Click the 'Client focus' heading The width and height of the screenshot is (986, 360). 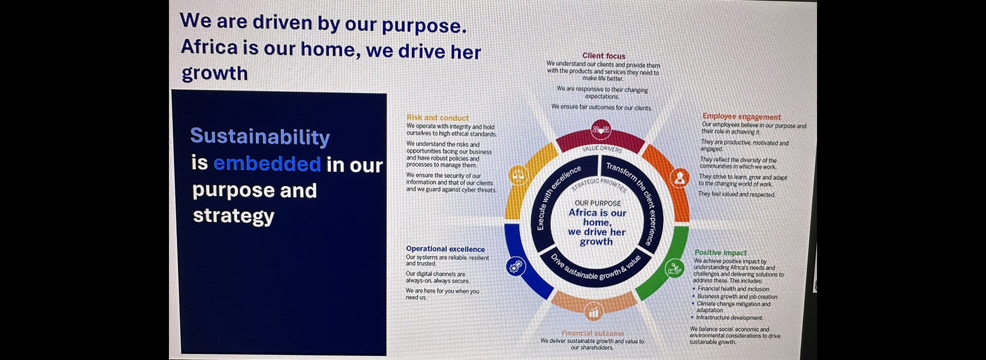[x=603, y=55]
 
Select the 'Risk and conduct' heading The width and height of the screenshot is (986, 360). [x=438, y=118]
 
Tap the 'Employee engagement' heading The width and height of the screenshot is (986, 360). [x=741, y=117]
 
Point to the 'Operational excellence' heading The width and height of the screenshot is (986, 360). [x=445, y=249]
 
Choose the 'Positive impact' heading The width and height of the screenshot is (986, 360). [x=720, y=253]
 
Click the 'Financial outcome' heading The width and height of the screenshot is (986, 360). [x=593, y=333]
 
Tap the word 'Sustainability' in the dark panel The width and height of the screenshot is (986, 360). [x=260, y=137]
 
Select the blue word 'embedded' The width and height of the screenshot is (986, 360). [x=267, y=164]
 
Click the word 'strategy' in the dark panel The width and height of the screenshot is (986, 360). [x=234, y=216]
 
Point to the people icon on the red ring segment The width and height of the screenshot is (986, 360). [x=601, y=130]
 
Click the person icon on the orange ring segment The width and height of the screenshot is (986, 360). [x=679, y=178]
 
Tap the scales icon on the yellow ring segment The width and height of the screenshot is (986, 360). [x=518, y=175]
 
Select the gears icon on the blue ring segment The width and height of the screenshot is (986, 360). [x=516, y=266]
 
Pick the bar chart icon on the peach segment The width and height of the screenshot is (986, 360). [x=593, y=311]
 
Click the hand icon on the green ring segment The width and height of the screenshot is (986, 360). [x=674, y=268]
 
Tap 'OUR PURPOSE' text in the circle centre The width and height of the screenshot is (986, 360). [x=598, y=203]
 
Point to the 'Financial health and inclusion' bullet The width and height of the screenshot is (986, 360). [x=733, y=289]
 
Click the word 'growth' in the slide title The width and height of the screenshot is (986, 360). [x=215, y=74]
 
